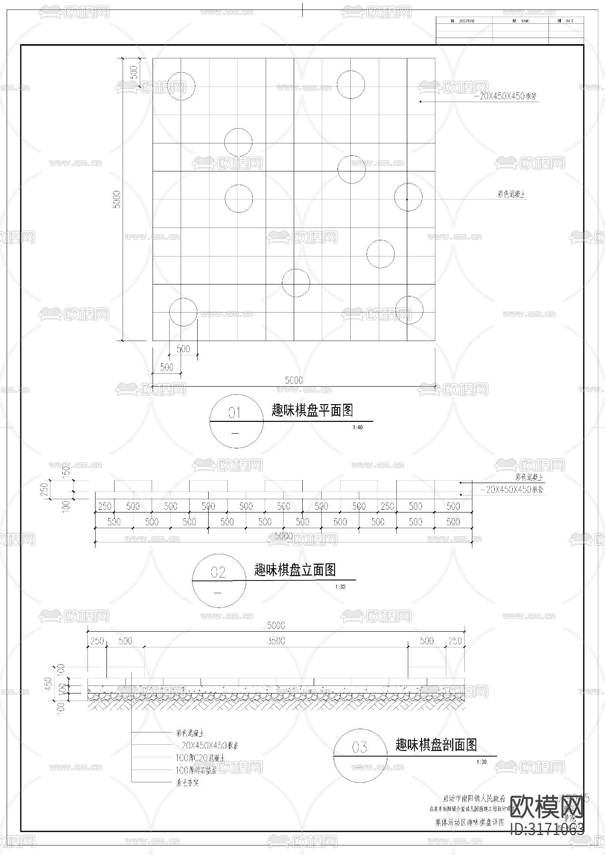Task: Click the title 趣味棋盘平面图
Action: tap(312, 410)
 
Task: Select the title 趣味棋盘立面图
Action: tap(295, 570)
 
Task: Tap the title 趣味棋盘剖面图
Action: tap(436, 745)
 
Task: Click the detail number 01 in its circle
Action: tap(235, 413)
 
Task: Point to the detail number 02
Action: tap(218, 572)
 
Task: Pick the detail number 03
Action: tap(360, 748)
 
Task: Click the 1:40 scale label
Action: tap(357, 427)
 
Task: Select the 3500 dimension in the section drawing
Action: tap(276, 641)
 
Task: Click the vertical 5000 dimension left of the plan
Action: tap(117, 199)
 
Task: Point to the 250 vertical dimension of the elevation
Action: tap(44, 489)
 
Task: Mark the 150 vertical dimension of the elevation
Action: tap(67, 472)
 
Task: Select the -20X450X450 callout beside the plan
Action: tap(506, 96)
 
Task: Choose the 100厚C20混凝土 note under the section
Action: tap(200, 758)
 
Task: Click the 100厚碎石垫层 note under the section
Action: tap(196, 770)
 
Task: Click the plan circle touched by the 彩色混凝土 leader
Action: tap(408, 197)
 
